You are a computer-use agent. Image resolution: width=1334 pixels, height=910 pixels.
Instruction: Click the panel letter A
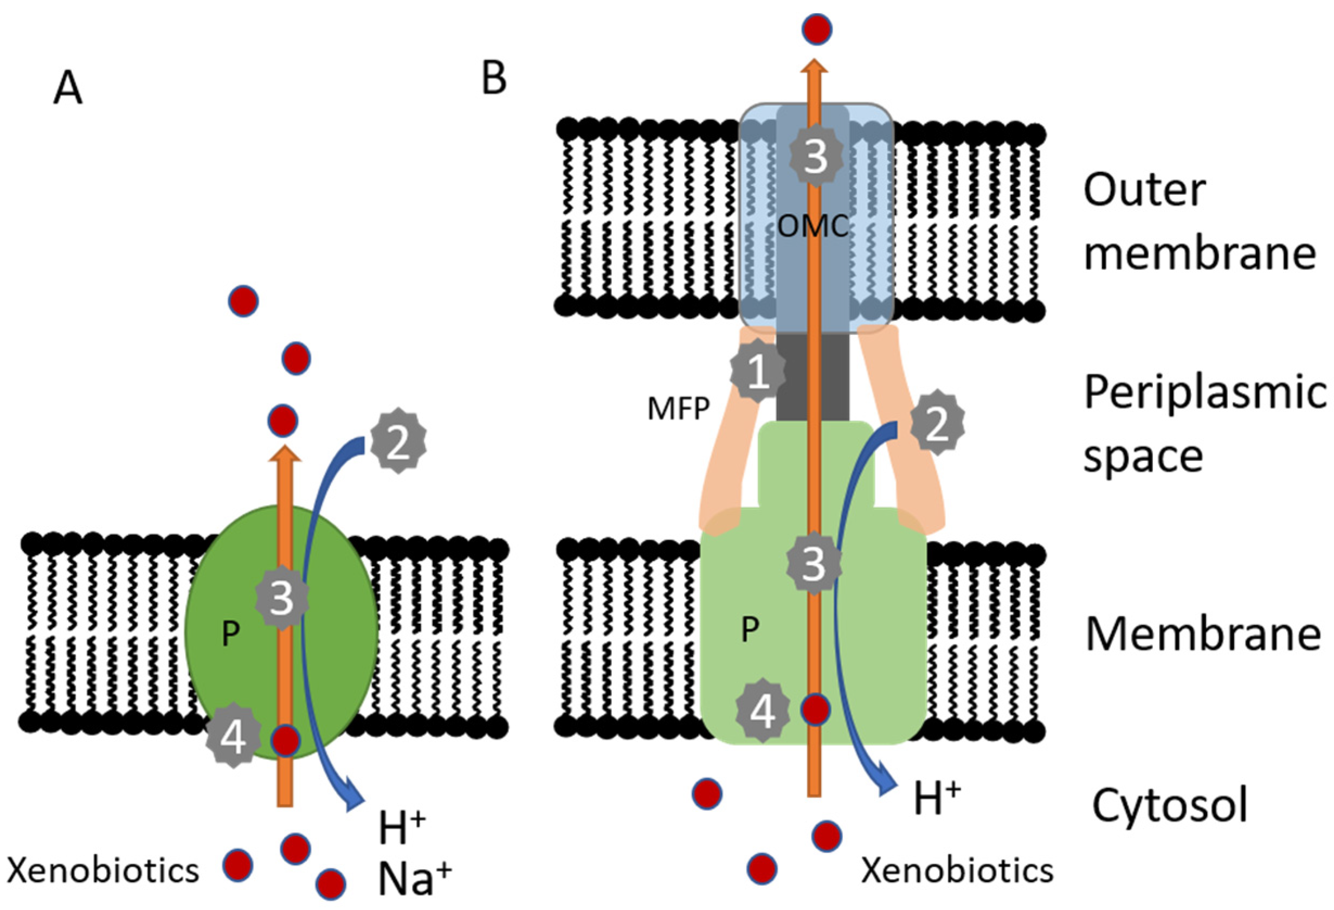(x=68, y=91)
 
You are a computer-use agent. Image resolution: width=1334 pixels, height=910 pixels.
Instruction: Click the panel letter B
(x=494, y=79)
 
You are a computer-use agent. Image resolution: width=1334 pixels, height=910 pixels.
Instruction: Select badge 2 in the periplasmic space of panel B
(x=937, y=422)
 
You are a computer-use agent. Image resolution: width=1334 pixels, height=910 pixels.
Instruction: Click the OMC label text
(x=813, y=227)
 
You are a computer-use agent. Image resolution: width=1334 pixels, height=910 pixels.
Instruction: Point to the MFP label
(x=679, y=409)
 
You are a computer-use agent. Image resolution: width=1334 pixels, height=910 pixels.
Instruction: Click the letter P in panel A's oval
(x=230, y=633)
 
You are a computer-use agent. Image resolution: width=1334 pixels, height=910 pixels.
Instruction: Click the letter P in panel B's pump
(x=750, y=629)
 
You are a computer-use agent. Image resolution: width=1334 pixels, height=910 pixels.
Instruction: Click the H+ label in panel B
(x=937, y=799)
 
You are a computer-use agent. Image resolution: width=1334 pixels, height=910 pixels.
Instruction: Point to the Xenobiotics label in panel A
(x=104, y=870)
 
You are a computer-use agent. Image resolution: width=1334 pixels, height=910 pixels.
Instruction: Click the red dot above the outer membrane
(x=817, y=29)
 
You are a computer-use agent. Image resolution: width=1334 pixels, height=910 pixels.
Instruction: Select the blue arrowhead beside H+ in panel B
(x=888, y=789)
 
